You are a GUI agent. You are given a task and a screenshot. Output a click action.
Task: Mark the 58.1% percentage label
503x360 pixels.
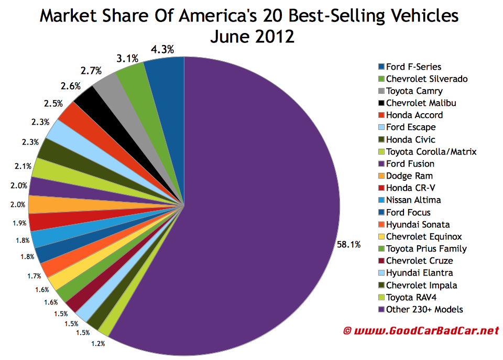pos(348,244)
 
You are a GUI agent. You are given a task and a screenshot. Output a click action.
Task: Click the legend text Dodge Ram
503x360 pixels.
pos(409,176)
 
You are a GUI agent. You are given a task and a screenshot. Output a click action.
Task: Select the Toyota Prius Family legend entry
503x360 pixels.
pos(426,248)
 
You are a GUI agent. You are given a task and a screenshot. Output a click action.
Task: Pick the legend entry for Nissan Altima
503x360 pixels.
pos(413,200)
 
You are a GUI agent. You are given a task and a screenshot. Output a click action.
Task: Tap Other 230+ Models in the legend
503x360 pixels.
pos(424,309)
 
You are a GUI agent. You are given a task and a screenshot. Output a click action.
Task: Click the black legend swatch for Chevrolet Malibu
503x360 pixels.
pos(381,103)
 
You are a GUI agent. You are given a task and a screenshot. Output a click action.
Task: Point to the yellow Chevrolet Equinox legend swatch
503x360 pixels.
pos(381,237)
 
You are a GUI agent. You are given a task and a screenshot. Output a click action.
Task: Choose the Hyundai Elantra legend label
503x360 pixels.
pos(419,272)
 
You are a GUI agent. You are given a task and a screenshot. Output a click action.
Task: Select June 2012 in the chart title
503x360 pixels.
pos(251,37)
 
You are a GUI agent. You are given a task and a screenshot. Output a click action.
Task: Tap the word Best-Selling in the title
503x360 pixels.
pos(295,16)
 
